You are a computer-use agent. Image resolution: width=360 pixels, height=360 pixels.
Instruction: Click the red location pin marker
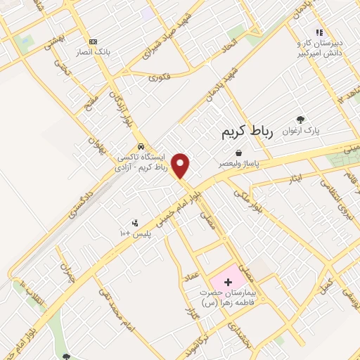coord(181,165)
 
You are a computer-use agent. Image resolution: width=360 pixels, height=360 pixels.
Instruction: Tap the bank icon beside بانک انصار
coord(93,41)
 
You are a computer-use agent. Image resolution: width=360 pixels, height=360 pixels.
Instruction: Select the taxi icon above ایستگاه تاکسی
coord(141,146)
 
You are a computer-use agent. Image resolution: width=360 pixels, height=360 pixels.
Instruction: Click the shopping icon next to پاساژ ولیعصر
coord(239,152)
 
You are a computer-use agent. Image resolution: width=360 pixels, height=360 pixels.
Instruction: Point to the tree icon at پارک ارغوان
coord(302,120)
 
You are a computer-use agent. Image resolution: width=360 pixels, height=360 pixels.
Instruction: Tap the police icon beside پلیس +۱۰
coord(135,222)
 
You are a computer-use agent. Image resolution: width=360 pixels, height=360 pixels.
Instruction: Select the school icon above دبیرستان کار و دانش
coord(319,32)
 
